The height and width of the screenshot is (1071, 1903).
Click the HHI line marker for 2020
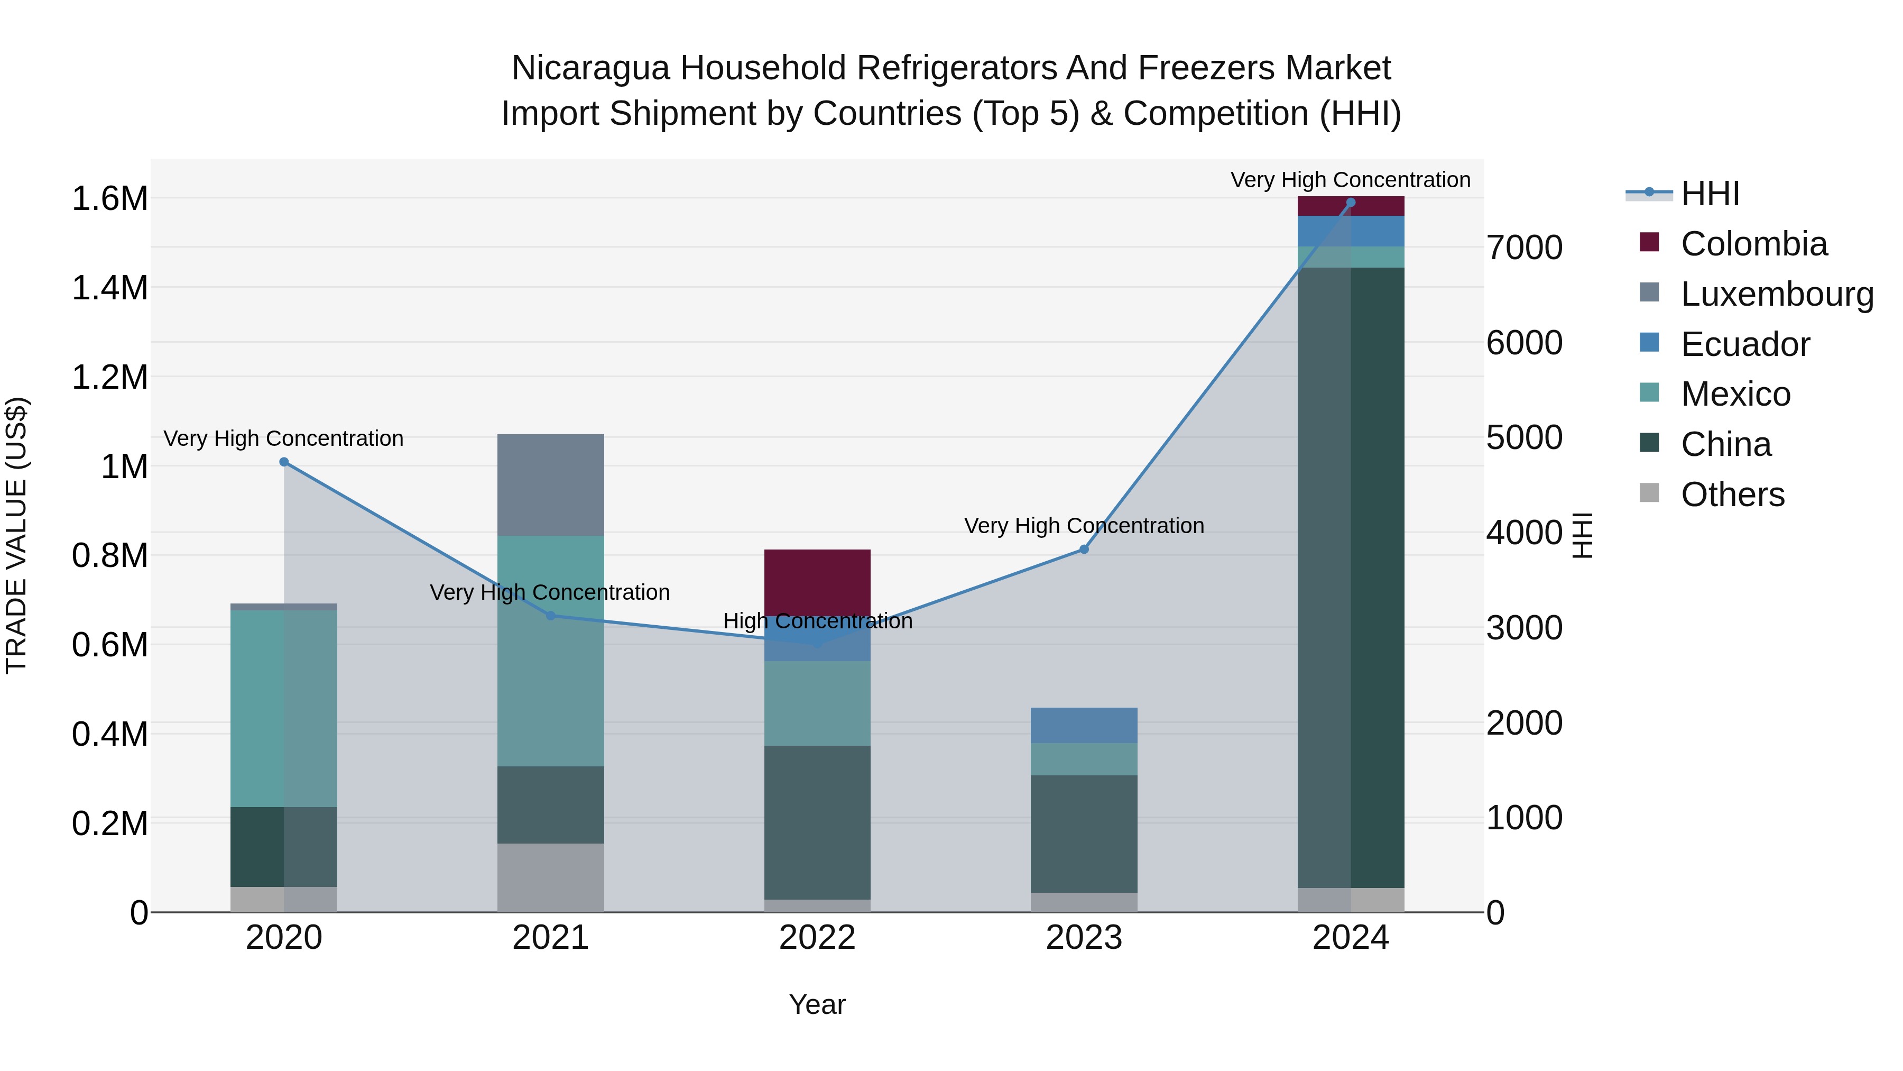pos(284,462)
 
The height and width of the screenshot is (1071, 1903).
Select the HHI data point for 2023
pos(1084,549)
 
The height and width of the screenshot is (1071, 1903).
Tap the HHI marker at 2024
pos(1351,203)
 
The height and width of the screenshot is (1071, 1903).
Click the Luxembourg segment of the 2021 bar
pos(550,485)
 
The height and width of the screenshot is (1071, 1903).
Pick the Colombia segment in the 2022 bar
pos(817,582)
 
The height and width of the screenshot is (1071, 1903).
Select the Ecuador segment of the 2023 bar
pos(1084,725)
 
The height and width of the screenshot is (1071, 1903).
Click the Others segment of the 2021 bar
pos(550,877)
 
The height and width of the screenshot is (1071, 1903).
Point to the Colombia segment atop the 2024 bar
pos(1351,206)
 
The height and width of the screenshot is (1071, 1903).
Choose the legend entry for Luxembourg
pos(1776,294)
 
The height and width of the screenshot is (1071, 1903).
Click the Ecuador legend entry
pos(1745,344)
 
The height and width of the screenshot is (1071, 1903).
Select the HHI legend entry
pos(1710,194)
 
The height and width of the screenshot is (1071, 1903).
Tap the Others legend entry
pos(1732,495)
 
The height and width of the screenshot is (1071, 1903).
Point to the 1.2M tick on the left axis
pos(109,378)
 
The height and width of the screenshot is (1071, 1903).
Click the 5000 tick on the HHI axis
pos(1524,437)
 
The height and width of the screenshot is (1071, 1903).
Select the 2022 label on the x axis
pos(817,938)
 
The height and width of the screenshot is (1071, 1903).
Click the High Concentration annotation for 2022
pos(817,621)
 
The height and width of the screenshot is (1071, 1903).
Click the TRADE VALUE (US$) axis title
pos(16,535)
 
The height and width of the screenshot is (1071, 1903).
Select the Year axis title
pos(817,1004)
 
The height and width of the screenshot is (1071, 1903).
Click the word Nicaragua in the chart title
pos(590,68)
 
